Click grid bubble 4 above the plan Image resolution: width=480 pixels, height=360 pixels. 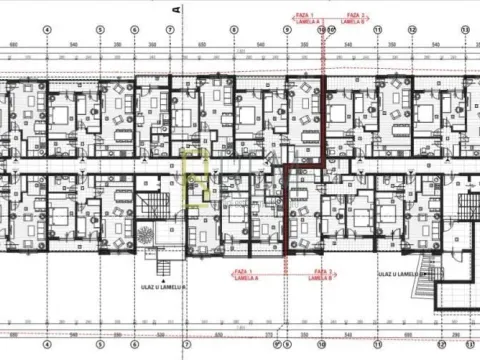coord(47,29)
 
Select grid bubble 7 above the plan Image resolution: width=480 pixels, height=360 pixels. coord(171,29)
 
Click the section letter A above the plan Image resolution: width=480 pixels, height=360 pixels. coord(176,7)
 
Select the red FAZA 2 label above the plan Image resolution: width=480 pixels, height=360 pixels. coord(355,16)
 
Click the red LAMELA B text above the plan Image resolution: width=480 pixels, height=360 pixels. coord(355,23)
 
